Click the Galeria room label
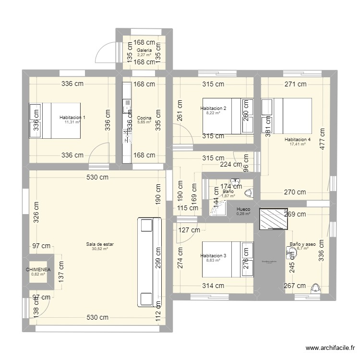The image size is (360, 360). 144,50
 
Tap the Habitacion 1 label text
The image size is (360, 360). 72,118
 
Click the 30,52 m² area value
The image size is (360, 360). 100,249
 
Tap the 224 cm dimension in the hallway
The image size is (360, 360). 232,164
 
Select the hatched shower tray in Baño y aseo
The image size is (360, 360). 272,220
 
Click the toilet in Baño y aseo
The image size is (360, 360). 315,288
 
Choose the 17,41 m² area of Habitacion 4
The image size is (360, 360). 298,144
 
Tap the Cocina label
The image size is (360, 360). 144,118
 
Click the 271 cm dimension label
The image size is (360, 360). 295,84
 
